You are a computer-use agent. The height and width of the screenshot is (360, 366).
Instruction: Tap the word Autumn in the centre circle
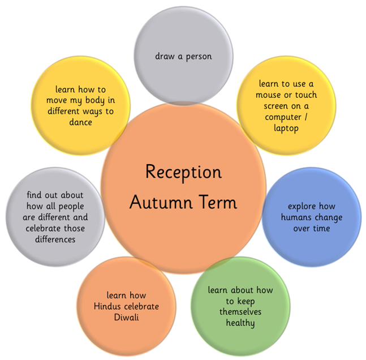pyautogui.click(x=161, y=202)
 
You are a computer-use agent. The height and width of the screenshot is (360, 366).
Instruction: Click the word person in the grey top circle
pyautogui.click(x=199, y=57)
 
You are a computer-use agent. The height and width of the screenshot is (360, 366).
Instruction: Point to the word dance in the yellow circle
pyautogui.click(x=80, y=122)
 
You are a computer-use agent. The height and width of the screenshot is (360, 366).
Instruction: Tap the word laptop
pyautogui.click(x=286, y=128)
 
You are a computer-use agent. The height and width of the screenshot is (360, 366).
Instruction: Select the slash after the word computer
pyautogui.click(x=306, y=117)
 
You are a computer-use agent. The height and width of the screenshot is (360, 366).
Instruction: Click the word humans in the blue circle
pyautogui.click(x=295, y=217)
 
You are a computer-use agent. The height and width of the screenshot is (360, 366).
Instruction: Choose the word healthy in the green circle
pyautogui.click(x=240, y=323)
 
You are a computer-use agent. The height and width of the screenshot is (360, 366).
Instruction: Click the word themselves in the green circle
pyautogui.click(x=240, y=312)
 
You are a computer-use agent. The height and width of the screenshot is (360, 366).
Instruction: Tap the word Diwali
pyautogui.click(x=126, y=317)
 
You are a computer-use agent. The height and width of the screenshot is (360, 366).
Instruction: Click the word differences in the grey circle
pyautogui.click(x=55, y=239)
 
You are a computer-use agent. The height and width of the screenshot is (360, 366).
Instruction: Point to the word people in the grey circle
pyautogui.click(x=71, y=207)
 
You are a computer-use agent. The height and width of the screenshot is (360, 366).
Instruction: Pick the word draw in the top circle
pyautogui.click(x=165, y=56)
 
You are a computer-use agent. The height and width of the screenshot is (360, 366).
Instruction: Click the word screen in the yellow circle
pyautogui.click(x=275, y=106)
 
